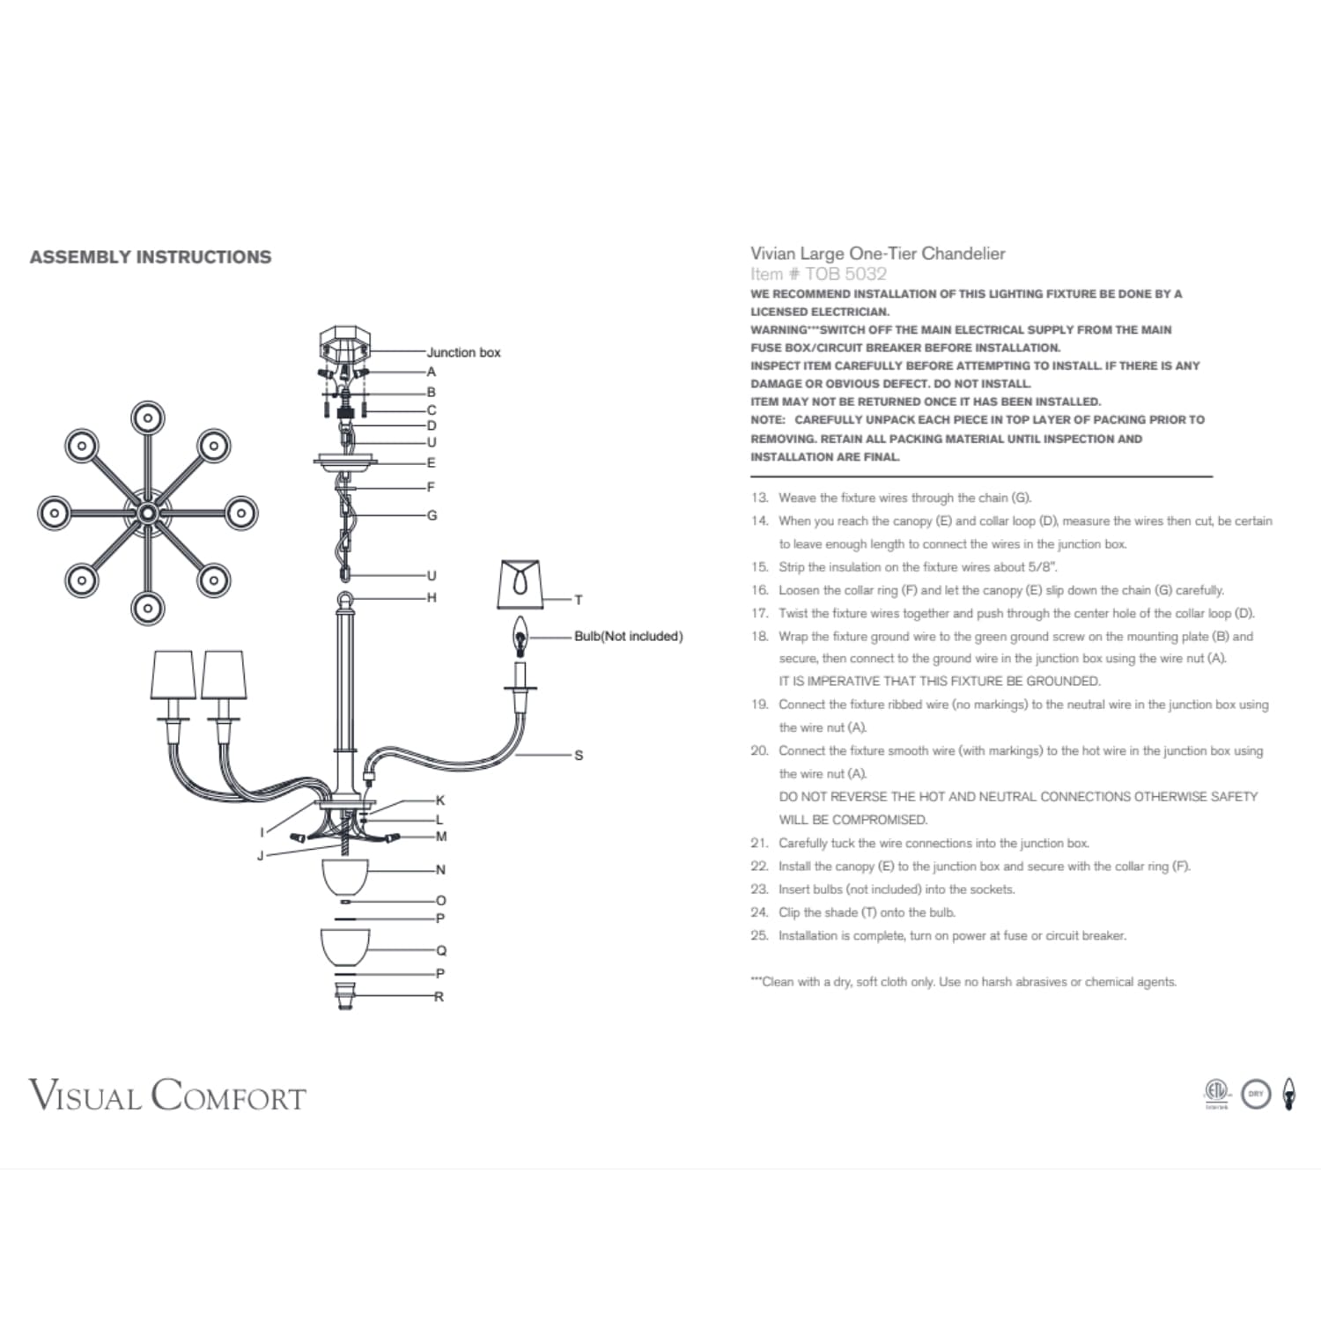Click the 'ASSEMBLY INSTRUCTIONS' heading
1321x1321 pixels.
(x=151, y=257)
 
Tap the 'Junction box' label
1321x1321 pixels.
(x=463, y=352)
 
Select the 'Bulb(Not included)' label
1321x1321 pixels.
(x=628, y=636)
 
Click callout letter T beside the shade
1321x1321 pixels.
(x=579, y=600)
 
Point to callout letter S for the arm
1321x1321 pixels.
(x=579, y=755)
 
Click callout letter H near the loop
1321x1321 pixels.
(x=432, y=597)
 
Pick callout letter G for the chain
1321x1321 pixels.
(x=432, y=515)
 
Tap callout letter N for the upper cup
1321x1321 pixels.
(x=440, y=870)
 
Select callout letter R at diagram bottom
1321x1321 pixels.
(x=439, y=997)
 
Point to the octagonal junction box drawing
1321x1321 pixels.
(x=344, y=343)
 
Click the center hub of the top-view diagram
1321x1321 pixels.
(x=147, y=513)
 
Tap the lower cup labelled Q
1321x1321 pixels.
(x=344, y=948)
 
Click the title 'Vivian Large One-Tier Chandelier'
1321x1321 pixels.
(x=877, y=254)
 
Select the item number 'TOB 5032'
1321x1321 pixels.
(x=845, y=274)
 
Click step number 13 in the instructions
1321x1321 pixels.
(x=759, y=498)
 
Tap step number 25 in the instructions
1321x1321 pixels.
(x=759, y=935)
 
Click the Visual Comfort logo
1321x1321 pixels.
(x=167, y=1096)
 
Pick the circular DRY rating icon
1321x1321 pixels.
(x=1256, y=1094)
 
